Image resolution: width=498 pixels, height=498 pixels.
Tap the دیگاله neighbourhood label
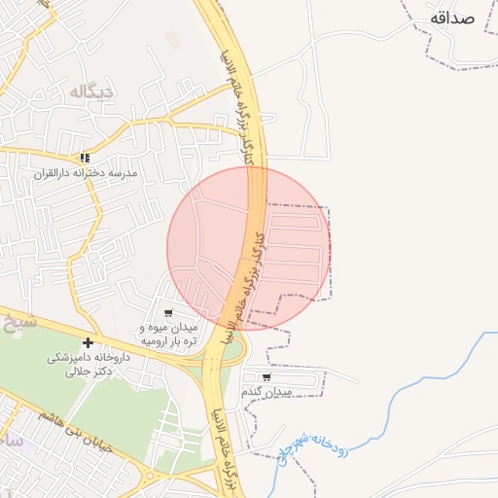(x=92, y=91)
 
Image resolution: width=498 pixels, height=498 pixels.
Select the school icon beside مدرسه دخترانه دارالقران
(x=85, y=158)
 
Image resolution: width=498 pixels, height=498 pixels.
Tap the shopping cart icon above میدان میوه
(x=168, y=313)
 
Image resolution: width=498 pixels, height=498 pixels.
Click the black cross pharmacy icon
(x=89, y=342)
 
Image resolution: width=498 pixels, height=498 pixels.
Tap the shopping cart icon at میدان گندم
(x=267, y=377)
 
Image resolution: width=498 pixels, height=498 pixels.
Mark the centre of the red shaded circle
(x=250, y=249)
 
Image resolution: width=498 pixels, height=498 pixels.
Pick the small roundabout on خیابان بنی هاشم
(x=151, y=476)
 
